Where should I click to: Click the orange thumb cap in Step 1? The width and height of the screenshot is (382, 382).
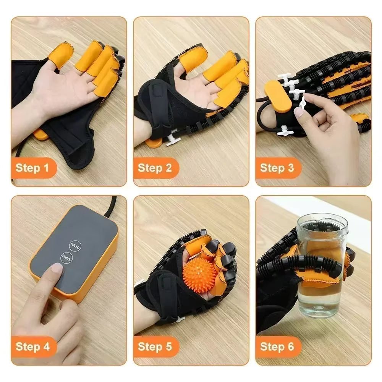tap(58, 55)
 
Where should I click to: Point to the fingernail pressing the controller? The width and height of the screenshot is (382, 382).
tap(57, 268)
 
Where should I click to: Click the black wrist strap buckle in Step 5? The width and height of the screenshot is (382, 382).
tap(166, 285)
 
